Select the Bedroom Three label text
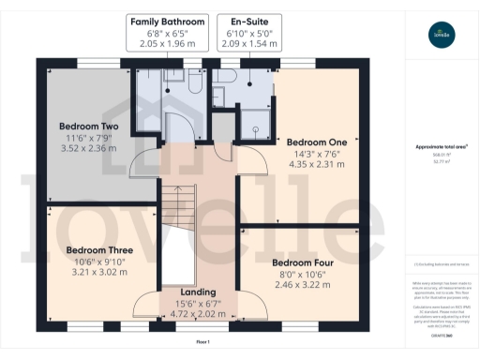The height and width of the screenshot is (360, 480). pos(98,250)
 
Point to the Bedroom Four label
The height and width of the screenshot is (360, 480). pos(302,262)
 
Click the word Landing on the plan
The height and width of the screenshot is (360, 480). pos(198,292)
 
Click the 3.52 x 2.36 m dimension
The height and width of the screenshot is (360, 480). pos(89,147)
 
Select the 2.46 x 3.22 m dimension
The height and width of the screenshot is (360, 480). pos(302,284)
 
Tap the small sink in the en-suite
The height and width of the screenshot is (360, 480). pos(218,94)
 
